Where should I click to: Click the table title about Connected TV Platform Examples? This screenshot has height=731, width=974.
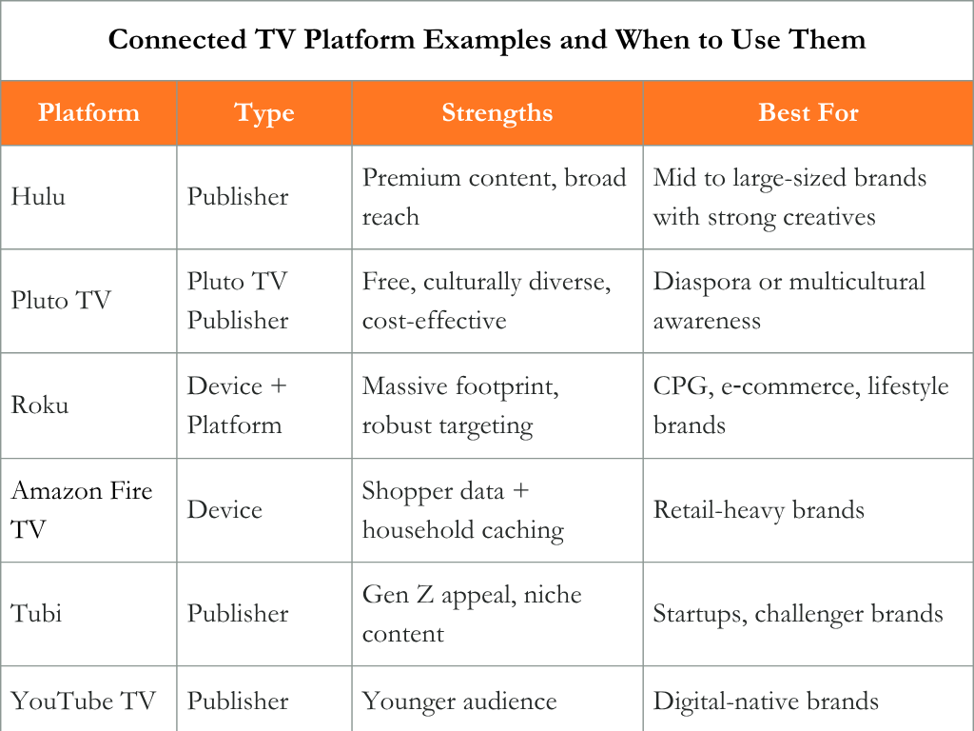pos(487,40)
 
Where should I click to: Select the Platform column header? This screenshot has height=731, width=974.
pos(88,112)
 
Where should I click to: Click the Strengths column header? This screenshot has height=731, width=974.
pos(497,113)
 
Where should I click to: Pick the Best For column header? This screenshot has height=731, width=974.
pos(808,112)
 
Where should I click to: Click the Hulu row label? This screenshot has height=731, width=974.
pos(38,196)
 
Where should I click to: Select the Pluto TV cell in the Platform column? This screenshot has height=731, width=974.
pos(61,300)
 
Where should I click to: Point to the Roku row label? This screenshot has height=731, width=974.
pos(40,405)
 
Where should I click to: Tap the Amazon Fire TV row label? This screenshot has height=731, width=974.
pos(82,510)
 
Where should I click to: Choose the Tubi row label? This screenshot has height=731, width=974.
pos(37,614)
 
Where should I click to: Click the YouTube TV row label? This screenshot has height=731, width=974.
pos(84,701)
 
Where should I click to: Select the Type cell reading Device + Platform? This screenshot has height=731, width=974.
pos(237,405)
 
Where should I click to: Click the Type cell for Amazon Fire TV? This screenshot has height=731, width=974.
pos(224,510)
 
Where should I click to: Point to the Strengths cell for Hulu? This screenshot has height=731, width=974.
pos(494,197)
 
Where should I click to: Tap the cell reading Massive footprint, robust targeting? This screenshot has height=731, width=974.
pos(460,405)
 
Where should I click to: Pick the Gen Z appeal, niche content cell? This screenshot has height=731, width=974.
pos(472,614)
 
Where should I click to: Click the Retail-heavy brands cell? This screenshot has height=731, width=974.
pos(758,510)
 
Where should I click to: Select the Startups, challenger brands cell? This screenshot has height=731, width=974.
pos(798,614)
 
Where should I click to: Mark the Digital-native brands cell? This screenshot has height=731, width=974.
pos(766,701)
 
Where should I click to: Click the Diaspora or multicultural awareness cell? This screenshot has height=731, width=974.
pos(789,301)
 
